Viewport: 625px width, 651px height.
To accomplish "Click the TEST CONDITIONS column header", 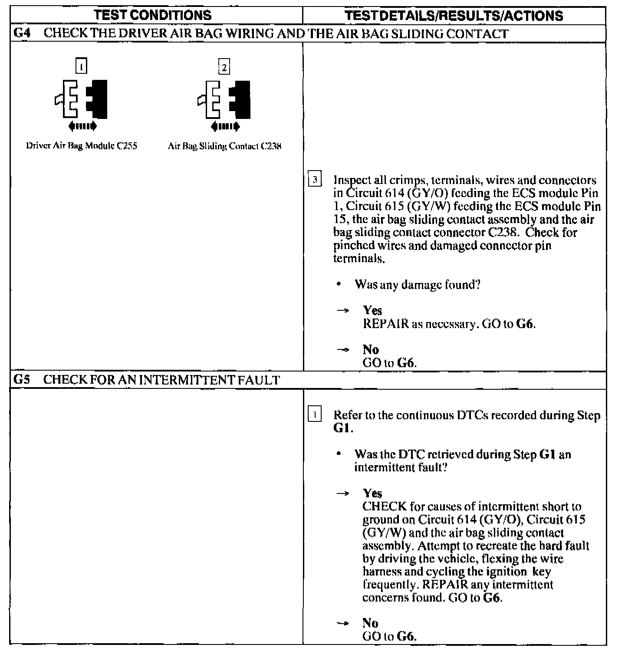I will click(x=153, y=15).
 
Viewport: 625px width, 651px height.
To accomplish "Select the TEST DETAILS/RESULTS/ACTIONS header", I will click(x=454, y=16).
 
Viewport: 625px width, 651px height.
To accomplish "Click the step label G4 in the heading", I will click(x=21, y=33).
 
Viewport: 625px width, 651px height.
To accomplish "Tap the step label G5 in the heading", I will click(x=21, y=380).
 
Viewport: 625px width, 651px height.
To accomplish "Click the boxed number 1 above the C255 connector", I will click(x=81, y=66).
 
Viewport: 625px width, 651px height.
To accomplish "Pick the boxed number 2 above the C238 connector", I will click(x=224, y=67).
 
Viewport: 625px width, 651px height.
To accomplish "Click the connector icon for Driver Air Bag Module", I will click(x=82, y=99).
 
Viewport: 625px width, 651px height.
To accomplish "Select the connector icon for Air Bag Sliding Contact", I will click(x=224, y=100).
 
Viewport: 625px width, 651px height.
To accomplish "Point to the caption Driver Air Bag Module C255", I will click(x=82, y=146).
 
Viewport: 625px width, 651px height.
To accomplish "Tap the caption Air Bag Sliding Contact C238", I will click(x=224, y=146).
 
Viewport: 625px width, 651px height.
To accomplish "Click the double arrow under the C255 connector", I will click(x=82, y=126).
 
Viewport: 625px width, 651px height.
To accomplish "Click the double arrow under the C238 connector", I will click(x=225, y=127).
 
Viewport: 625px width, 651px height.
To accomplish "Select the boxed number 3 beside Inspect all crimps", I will click(x=315, y=180).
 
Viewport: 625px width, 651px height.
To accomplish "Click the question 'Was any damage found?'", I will click(x=418, y=285).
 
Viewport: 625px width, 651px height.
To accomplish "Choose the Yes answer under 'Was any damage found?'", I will click(x=372, y=310).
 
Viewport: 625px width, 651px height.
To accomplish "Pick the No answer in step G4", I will click(x=371, y=349).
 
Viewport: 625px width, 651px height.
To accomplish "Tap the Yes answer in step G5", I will click(x=372, y=493).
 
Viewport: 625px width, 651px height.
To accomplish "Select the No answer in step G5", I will click(x=371, y=623).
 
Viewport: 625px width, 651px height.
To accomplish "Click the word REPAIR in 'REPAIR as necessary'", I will click(x=385, y=324).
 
